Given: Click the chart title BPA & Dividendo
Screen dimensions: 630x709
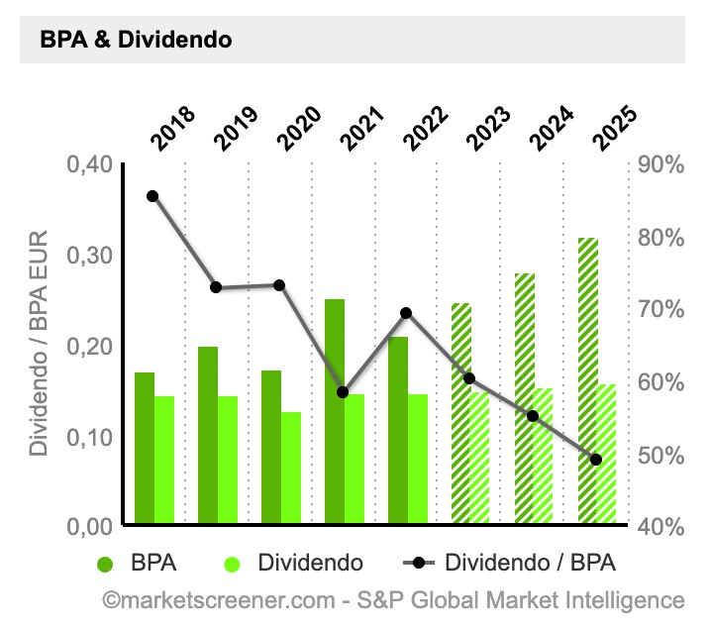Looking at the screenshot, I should tap(136, 41).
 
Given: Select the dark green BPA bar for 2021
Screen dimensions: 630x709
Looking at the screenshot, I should tap(335, 411).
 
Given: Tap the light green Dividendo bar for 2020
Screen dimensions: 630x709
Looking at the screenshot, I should tap(291, 468).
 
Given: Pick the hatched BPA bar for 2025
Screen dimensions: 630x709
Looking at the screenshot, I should tap(587, 381).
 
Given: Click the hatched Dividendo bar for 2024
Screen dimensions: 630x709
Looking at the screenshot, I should tap(544, 456).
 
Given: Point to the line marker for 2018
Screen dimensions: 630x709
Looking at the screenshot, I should tap(152, 196).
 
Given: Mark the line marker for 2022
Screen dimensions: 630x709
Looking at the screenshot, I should tap(406, 313).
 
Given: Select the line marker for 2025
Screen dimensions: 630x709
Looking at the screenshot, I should tap(596, 460).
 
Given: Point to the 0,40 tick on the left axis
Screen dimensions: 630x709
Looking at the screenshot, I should tap(89, 164).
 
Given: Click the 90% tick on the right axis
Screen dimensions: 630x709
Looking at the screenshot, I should tap(660, 164).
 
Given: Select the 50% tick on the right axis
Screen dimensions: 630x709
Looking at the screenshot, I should tap(660, 455).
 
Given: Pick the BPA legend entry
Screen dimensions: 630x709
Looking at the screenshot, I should tap(139, 564).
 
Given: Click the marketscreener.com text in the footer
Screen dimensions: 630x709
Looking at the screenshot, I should tap(226, 600).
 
